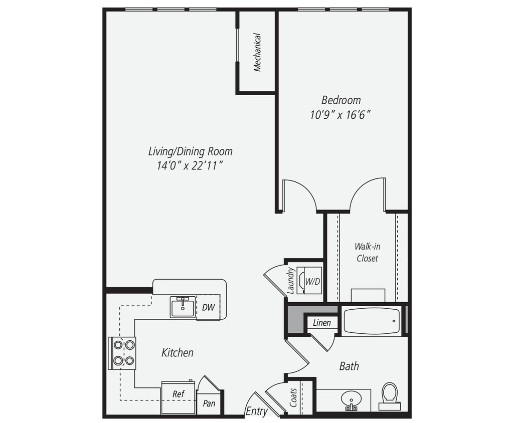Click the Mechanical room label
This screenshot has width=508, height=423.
tap(257, 52)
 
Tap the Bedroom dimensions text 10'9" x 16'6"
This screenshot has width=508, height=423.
tap(341, 115)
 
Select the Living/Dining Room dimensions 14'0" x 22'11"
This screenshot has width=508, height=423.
tap(190, 166)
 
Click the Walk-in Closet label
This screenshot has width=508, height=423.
tap(367, 252)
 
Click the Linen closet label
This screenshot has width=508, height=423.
tap(321, 323)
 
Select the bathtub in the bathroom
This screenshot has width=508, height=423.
tap(372, 321)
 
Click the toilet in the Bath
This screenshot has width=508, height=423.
tap(390, 393)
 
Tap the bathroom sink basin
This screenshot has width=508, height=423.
tap(352, 399)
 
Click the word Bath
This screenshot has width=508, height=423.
tap(349, 366)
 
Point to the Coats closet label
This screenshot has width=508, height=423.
tap(294, 397)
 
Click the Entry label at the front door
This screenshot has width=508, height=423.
tap(256, 411)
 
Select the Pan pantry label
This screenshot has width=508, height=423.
tap(209, 403)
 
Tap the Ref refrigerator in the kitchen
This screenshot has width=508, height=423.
tap(179, 394)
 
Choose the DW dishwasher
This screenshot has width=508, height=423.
tap(208, 307)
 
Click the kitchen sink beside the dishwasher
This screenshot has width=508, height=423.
tap(183, 307)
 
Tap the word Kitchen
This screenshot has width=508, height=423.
tap(177, 352)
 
